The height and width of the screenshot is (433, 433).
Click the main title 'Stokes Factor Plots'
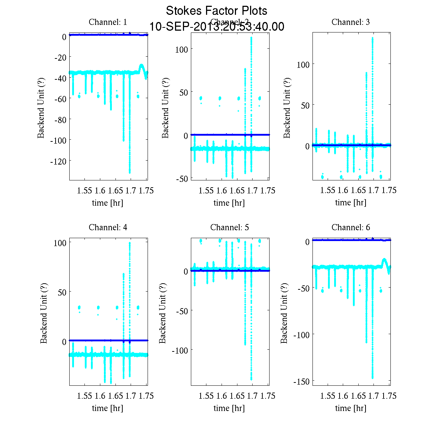point(216,11)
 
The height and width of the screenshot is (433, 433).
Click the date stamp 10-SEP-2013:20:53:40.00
point(216,27)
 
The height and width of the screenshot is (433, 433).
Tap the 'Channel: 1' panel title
point(108,22)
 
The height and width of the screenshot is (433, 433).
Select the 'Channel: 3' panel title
point(351,22)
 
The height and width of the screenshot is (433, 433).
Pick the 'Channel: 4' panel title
point(108,227)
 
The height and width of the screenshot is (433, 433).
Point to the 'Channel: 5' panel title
point(229,227)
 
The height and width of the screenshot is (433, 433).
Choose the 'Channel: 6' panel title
point(351,227)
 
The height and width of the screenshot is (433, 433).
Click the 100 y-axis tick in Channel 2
point(181,49)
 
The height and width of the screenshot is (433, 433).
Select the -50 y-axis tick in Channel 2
point(181,179)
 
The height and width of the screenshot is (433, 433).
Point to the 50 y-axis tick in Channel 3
point(305,105)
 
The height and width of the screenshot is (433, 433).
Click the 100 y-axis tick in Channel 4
point(60,243)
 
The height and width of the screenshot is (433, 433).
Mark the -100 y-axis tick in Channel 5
point(179,350)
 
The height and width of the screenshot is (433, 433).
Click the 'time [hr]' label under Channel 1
point(108,203)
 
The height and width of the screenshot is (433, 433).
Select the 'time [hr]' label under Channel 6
point(351,408)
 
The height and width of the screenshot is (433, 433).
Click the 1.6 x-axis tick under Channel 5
point(222,396)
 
